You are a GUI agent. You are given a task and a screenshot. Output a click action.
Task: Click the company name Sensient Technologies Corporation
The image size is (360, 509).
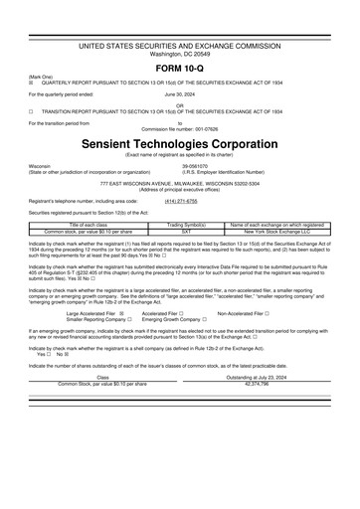tap(179, 144)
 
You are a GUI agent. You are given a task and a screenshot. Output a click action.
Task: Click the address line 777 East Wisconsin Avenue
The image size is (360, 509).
tap(179, 184)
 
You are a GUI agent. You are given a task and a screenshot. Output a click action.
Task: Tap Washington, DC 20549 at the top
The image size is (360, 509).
tap(179, 53)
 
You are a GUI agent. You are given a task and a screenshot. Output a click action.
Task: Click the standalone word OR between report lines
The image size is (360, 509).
tap(179, 103)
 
